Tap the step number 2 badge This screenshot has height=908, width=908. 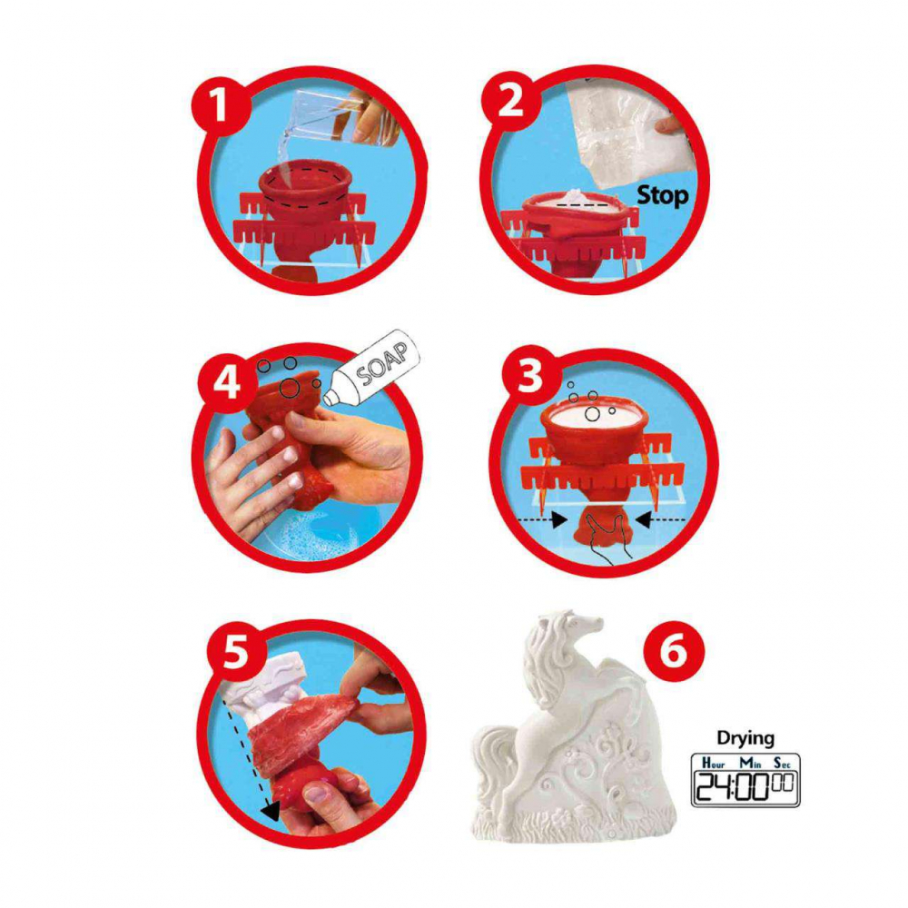[511, 102]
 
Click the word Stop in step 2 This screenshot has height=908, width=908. [662, 194]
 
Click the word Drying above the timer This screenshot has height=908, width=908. [745, 737]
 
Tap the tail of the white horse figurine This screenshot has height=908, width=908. [495, 754]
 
